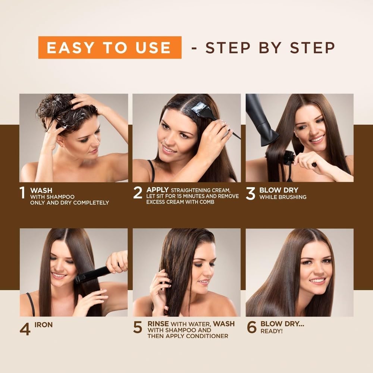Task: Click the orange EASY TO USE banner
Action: (x=110, y=47)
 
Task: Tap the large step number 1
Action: (x=23, y=193)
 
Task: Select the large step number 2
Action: (x=138, y=193)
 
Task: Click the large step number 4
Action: (x=25, y=328)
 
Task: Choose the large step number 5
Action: (x=138, y=327)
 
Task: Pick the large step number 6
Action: (x=251, y=327)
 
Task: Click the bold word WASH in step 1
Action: (x=41, y=190)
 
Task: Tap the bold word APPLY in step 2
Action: (x=157, y=189)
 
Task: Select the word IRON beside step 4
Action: (x=43, y=325)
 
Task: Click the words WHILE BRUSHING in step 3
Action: (x=283, y=197)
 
